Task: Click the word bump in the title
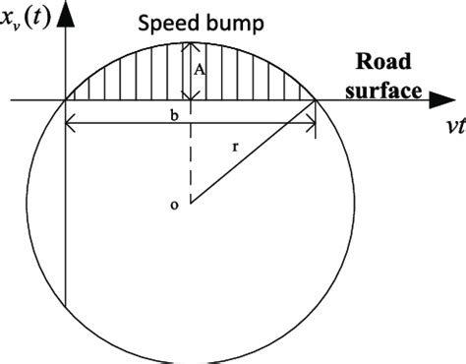click(228, 24)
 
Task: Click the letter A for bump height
click(200, 70)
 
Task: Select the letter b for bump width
click(174, 115)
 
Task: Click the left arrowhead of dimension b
click(70, 123)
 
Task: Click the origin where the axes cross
click(65, 99)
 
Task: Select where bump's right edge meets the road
click(317, 99)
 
